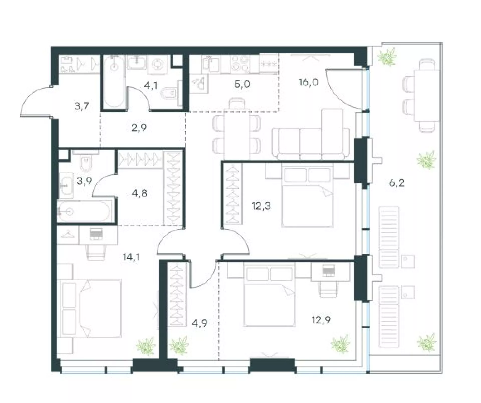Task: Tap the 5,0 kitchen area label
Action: point(242,84)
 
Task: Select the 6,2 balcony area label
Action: point(397,183)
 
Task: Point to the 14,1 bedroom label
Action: point(131,257)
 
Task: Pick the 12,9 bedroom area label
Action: point(321,320)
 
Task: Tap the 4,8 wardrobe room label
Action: point(139,193)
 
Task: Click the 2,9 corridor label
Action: point(139,128)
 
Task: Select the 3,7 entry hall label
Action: point(82,106)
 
